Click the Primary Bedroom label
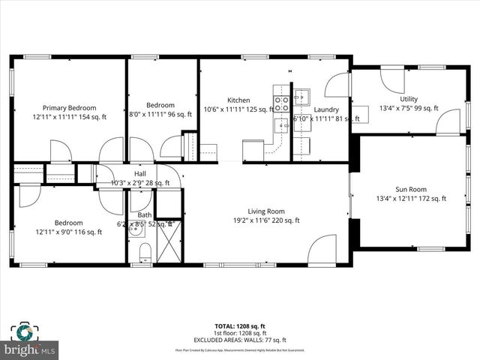69,107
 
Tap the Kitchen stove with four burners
282,103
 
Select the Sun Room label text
411,189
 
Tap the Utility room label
409,99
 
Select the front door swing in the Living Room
322,250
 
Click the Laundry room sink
301,97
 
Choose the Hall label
140,172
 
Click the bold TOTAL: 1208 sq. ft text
240,327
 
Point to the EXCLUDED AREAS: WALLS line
240,340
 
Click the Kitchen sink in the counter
281,124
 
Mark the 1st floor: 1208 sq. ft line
240,334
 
